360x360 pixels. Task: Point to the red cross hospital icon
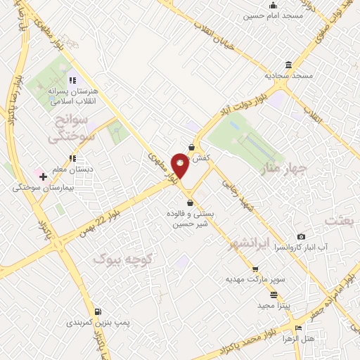[x=44, y=176]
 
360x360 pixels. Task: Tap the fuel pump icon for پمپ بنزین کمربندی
[x=97, y=311]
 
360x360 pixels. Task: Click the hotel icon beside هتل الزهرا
[x=299, y=328]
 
